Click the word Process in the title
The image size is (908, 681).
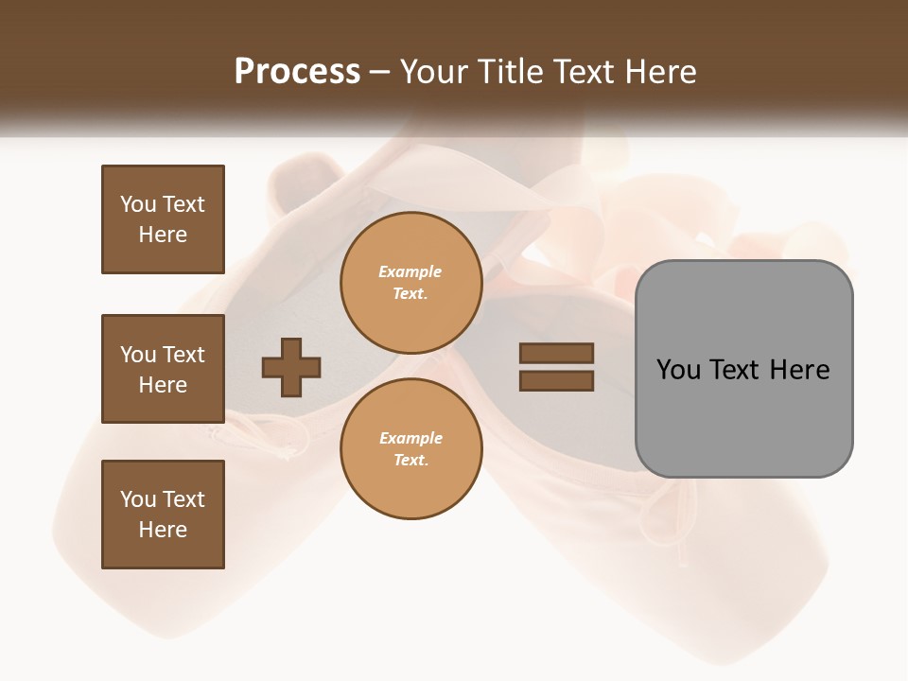coord(296,72)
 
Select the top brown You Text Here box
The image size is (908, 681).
coord(163,219)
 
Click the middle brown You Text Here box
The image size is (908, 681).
coord(163,369)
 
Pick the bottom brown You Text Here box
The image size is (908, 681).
coord(163,515)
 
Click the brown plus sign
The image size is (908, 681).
coord(291,367)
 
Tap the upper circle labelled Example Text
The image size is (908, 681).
coord(410,283)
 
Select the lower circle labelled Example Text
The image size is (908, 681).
coord(410,449)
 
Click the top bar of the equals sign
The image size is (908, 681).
coord(556,354)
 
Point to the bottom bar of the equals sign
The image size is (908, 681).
coord(556,381)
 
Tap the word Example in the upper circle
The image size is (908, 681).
coord(410,271)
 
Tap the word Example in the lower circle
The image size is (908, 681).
coord(410,438)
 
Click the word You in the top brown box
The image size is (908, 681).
coord(136,204)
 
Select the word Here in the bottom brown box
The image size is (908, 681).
coord(163,530)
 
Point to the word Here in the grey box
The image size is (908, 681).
coord(800,370)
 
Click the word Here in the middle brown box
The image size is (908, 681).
coord(163,385)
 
